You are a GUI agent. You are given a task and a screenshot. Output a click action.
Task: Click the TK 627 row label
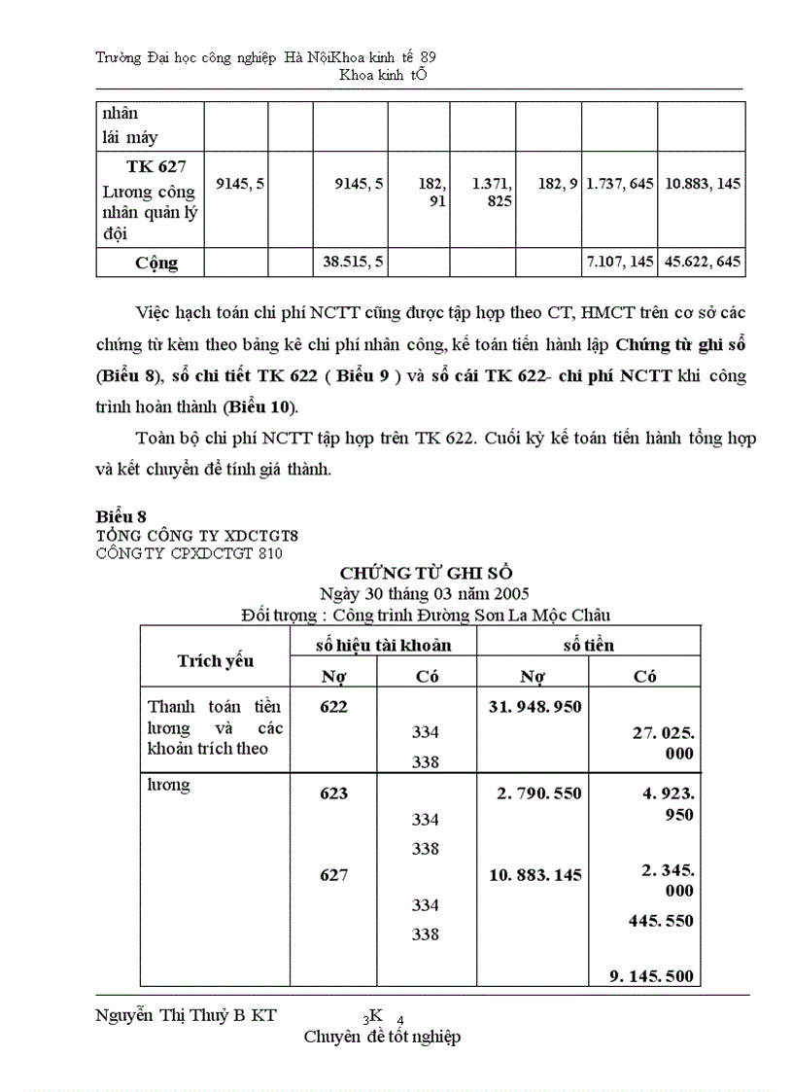(x=150, y=166)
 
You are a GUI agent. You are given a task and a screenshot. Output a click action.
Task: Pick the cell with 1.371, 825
(x=492, y=193)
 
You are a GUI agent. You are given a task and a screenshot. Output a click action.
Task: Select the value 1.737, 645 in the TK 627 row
(x=619, y=183)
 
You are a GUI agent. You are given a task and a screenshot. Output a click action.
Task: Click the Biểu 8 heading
(x=121, y=515)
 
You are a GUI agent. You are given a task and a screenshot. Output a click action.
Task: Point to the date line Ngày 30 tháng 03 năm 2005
(x=424, y=592)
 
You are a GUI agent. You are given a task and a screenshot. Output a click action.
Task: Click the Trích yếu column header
(x=215, y=660)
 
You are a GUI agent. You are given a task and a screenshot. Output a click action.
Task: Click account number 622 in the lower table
(x=333, y=707)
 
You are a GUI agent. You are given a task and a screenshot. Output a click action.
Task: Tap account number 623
(x=333, y=793)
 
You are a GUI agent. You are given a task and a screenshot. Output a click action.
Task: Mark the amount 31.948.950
(x=534, y=707)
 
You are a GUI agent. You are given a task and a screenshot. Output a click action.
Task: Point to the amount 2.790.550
(x=538, y=793)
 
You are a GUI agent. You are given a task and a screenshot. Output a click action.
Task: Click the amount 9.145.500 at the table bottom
(x=651, y=976)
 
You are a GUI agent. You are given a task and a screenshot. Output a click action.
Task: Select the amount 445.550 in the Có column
(x=660, y=920)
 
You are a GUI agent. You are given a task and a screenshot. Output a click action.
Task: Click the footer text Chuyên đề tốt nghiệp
(x=382, y=1037)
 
